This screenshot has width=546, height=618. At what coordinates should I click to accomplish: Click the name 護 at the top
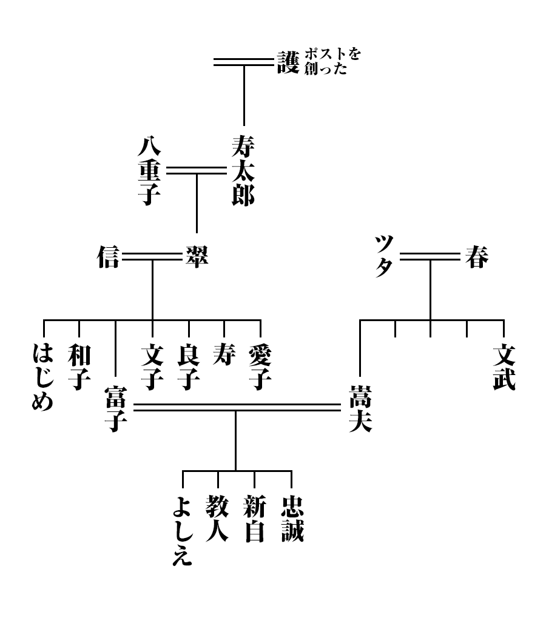point(288,61)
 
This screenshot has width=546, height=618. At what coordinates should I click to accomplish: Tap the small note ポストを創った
point(332,61)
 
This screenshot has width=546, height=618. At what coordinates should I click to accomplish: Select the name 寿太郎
point(243,170)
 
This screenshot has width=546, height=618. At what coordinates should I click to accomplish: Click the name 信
point(109,258)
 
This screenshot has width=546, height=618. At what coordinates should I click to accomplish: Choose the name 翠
point(196,258)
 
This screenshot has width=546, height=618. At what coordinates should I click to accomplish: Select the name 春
point(476,258)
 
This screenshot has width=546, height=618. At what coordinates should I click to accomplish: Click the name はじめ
point(43,376)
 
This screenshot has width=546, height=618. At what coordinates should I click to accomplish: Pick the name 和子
point(79,367)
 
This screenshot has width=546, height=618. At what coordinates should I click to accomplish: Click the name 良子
point(189,367)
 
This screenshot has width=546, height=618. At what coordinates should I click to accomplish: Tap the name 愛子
point(260,367)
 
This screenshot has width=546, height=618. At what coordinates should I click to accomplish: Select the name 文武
point(504,367)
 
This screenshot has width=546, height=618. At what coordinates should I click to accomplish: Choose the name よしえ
point(182,530)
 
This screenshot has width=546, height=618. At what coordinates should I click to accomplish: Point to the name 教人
point(218,518)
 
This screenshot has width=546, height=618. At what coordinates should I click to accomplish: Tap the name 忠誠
point(292,518)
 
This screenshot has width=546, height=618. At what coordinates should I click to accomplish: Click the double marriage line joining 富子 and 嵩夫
point(237,407)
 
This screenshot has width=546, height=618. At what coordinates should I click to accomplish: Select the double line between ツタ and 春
point(430,258)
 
